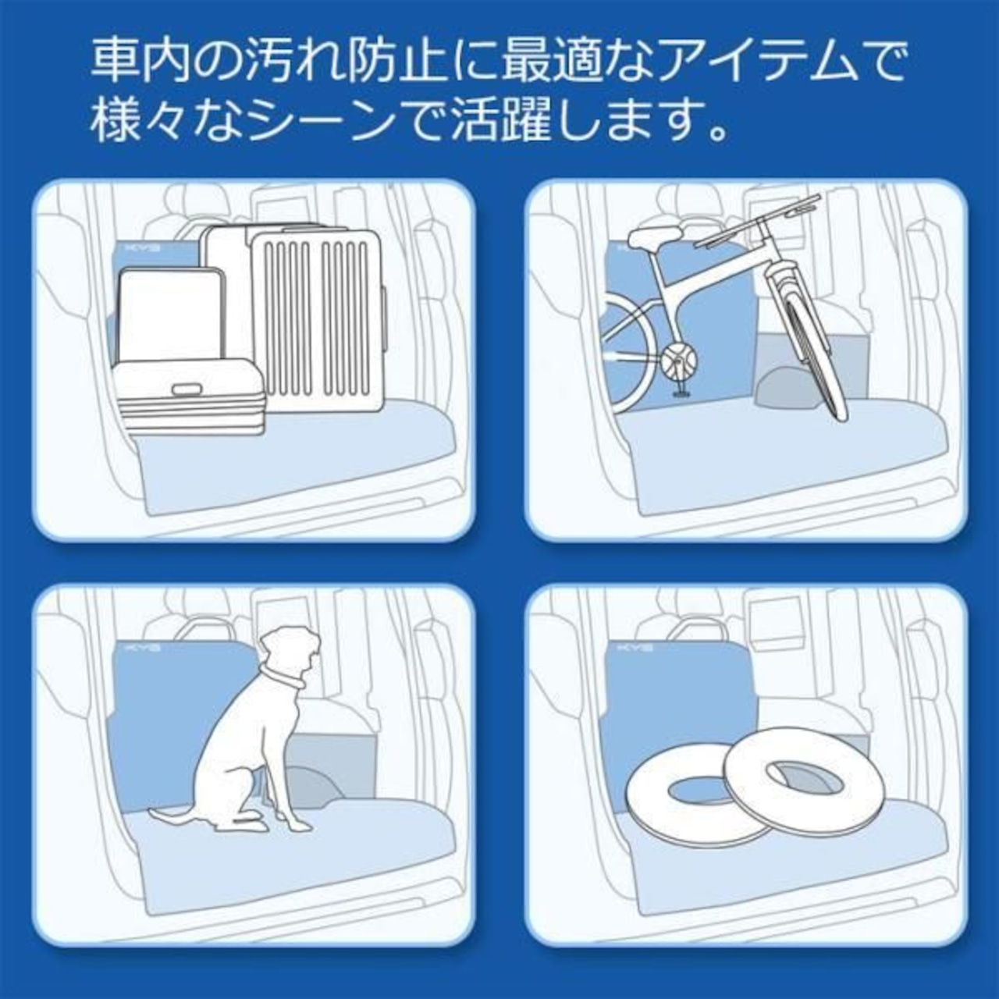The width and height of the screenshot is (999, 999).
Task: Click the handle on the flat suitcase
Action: click(x=186, y=389)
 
